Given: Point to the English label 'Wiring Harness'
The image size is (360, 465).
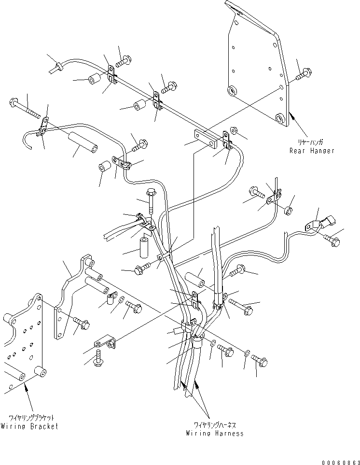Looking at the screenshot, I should point(215,433).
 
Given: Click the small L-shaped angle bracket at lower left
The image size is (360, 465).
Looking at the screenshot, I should point(106,343).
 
